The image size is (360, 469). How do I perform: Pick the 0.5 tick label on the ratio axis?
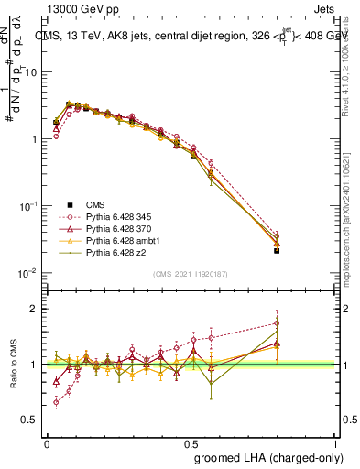pyautogui.click(x=33, y=420)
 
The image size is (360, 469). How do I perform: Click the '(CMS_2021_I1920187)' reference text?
pyautogui.click(x=189, y=274)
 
